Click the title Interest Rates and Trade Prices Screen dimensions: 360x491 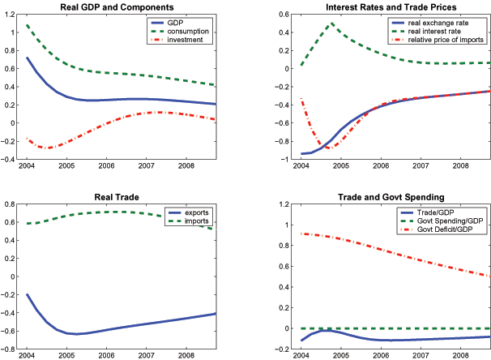[371, 7]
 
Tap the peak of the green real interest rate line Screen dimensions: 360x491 [331, 24]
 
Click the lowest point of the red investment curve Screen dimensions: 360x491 [49, 148]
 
